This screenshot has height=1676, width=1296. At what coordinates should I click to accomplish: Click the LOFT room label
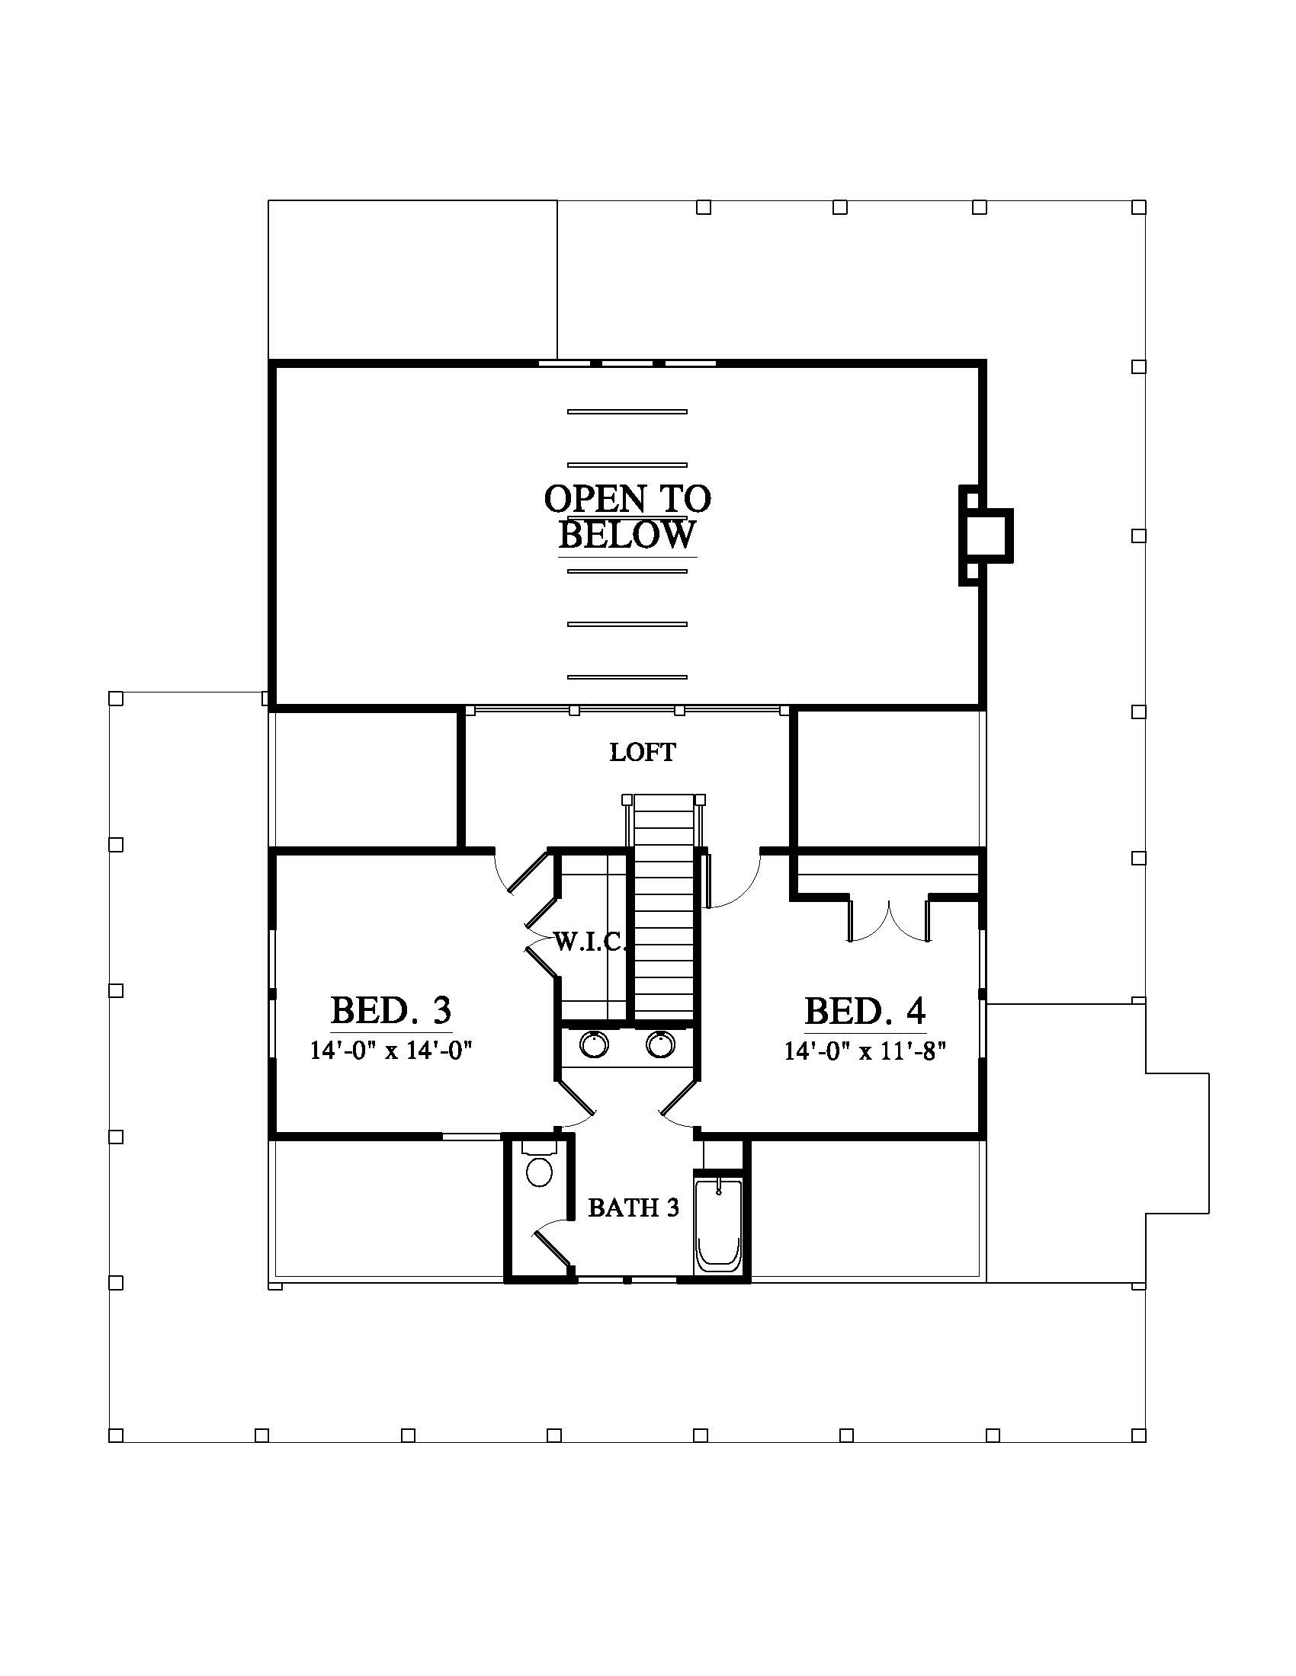coord(643,752)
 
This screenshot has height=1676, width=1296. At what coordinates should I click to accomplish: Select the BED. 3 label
coord(391,1011)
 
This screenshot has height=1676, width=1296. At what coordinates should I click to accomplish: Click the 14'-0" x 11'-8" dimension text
coord(864,1051)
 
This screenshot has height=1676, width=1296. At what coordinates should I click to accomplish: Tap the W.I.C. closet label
coord(590,942)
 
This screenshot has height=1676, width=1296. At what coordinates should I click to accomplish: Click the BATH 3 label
coord(634,1208)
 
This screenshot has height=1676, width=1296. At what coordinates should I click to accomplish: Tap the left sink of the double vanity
coord(592,1044)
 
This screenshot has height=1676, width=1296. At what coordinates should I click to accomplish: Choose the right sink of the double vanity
coord(659,1044)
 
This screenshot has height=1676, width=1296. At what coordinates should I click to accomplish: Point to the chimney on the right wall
coord(986,536)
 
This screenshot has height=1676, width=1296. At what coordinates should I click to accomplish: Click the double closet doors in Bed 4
coord(889,921)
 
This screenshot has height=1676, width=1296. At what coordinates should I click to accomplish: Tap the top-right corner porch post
coord(1140,207)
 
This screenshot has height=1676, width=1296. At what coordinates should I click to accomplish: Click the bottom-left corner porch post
coord(116,1435)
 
